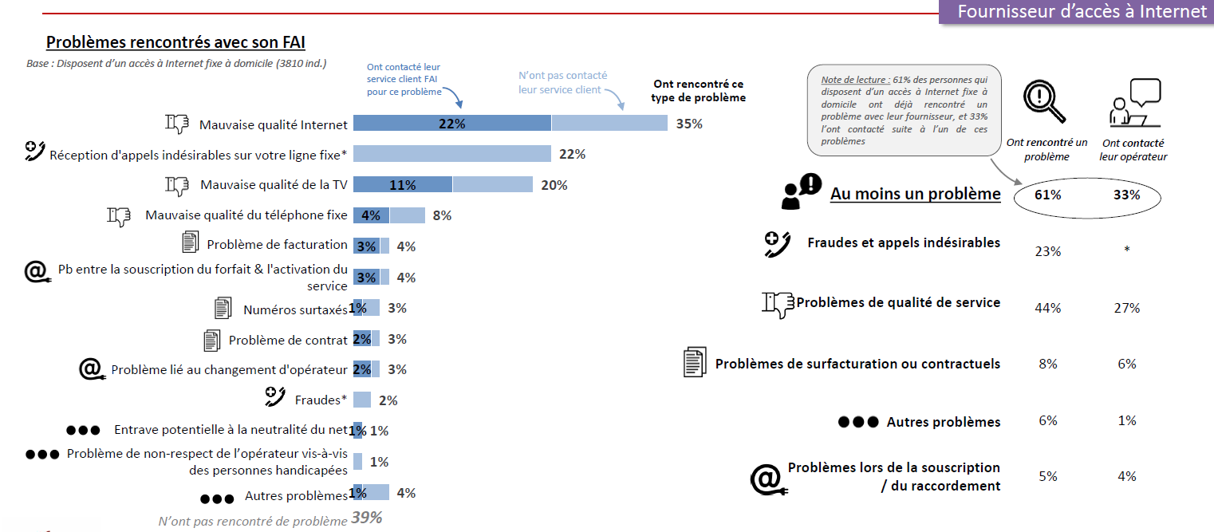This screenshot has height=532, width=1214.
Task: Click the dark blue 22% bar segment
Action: pos(451,124)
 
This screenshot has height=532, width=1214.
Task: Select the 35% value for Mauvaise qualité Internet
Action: pos(688,124)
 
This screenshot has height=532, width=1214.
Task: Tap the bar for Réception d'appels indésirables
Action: pos(451,154)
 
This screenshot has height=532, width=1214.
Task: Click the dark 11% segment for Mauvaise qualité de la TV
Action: pos(403,185)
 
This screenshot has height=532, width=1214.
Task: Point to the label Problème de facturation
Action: pos(277,245)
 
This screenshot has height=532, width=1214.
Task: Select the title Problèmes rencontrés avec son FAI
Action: pos(175,42)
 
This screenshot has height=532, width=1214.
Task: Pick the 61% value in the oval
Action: pos(1048,195)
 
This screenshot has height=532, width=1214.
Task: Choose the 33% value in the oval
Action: pos(1127,195)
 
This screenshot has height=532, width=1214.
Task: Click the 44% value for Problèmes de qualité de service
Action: pos(1048,308)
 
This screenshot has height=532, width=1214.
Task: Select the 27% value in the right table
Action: pos(1127,308)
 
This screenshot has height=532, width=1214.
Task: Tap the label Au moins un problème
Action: pos(915,194)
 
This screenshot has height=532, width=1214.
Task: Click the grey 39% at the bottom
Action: pos(366,518)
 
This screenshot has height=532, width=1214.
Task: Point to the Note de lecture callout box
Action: pos(904,110)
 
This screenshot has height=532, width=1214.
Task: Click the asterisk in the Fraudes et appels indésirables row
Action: pos(1127,250)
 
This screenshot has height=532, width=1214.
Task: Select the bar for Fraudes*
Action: pos(362,400)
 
